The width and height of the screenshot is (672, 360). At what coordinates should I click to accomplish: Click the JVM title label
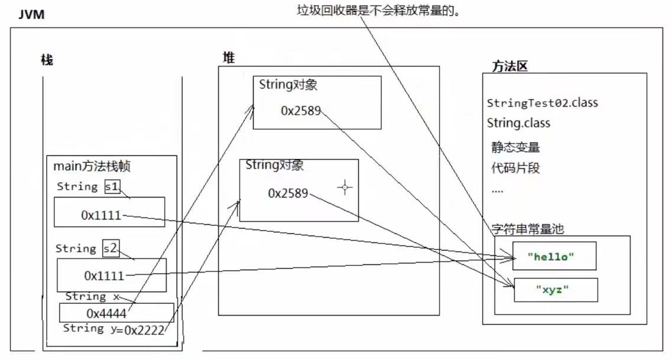[x=31, y=14]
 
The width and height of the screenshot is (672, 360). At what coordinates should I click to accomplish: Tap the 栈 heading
[x=47, y=60]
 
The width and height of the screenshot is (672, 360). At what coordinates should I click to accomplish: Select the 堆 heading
[x=229, y=57]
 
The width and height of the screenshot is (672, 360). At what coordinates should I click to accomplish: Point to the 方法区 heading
[x=509, y=66]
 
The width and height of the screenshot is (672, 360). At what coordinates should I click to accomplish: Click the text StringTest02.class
[x=542, y=103]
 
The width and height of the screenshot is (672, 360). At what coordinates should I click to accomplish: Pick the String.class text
[x=518, y=123]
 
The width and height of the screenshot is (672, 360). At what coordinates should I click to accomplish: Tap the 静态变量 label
[x=515, y=147]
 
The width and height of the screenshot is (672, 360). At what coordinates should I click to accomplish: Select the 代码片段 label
[x=515, y=167]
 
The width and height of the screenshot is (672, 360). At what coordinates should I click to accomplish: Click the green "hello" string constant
[x=551, y=257]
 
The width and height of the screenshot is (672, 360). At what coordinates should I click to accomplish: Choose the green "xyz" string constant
[x=552, y=289]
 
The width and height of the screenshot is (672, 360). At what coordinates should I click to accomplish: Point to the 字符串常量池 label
[x=527, y=229]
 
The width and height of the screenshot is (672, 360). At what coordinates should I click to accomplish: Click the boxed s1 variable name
[x=112, y=186]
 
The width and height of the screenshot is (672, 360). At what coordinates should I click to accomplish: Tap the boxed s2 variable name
[x=111, y=248]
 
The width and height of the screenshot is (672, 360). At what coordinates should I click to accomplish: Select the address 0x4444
[x=106, y=313]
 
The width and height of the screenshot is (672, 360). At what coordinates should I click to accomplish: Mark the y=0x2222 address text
[x=138, y=330]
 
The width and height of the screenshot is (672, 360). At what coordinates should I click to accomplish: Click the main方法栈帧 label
[x=92, y=166]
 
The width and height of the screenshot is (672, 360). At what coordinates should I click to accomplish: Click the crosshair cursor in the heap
[x=345, y=187]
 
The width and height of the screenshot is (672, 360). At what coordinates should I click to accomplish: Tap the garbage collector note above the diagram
[x=378, y=10]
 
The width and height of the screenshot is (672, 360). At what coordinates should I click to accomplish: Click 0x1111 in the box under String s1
[x=101, y=215]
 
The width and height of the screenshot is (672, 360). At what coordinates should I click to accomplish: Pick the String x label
[x=92, y=297]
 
